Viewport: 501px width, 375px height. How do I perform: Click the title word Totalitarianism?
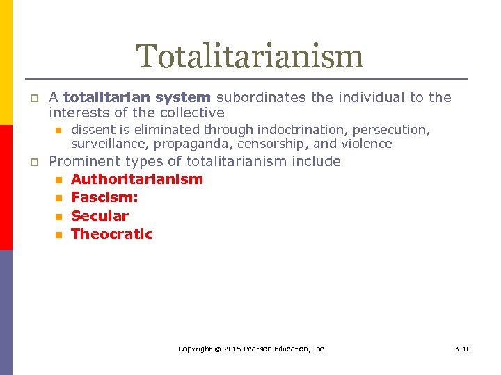(x=250, y=56)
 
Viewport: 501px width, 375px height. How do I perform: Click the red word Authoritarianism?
(x=137, y=179)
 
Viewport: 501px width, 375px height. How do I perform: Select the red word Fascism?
(x=104, y=197)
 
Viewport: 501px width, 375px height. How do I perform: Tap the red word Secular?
(x=100, y=216)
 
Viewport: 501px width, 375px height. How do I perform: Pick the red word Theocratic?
(x=112, y=234)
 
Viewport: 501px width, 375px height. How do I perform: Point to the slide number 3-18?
(x=462, y=349)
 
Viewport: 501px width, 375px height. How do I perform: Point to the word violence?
(x=366, y=144)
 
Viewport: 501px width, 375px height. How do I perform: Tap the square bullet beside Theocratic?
(x=58, y=235)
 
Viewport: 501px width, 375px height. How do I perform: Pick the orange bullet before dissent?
(x=58, y=131)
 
